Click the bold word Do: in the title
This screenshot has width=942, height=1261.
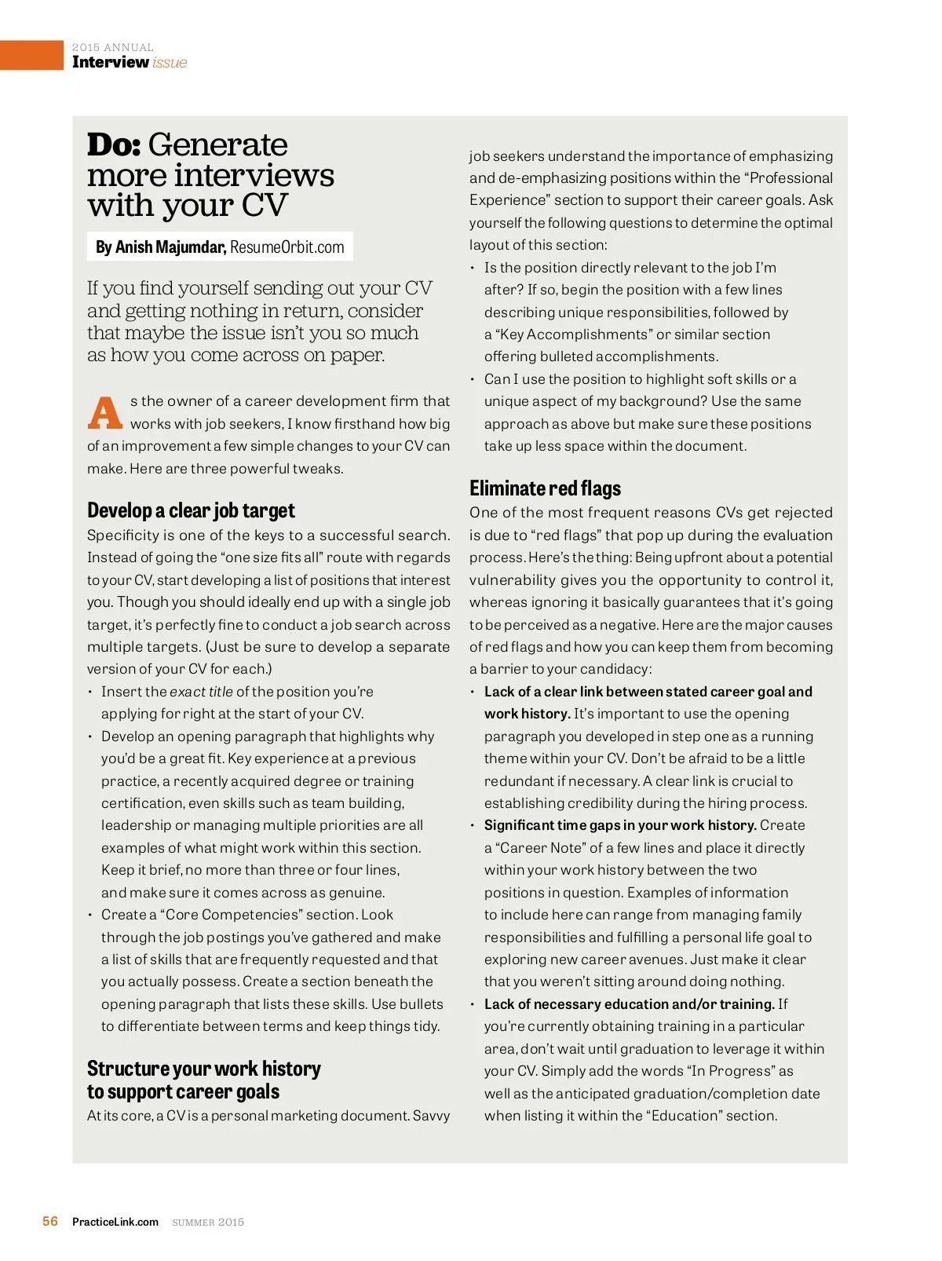(114, 145)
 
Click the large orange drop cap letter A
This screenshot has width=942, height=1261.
(105, 413)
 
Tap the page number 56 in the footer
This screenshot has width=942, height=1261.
(50, 1221)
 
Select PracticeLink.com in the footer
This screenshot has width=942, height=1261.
(115, 1222)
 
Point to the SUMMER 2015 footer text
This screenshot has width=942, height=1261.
(208, 1222)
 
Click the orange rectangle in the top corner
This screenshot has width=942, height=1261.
(31, 55)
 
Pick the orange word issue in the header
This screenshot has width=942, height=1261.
(170, 63)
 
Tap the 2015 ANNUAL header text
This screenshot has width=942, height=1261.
(112, 48)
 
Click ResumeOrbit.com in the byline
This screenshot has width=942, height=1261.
(287, 247)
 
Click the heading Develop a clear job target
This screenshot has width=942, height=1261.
(191, 511)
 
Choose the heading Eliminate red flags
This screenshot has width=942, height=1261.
(545, 489)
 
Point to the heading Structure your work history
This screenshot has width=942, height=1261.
(204, 1069)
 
